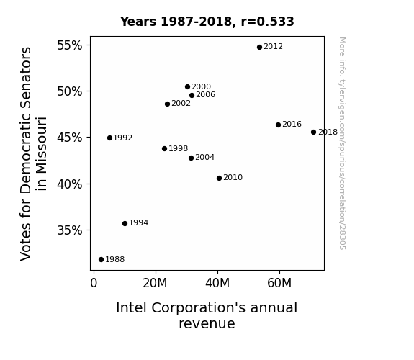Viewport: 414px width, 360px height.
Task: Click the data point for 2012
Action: tap(259, 47)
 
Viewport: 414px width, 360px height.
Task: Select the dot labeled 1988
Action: tap(101, 260)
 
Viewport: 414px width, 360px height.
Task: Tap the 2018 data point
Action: tap(313, 132)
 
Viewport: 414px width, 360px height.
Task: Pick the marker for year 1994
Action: tap(125, 223)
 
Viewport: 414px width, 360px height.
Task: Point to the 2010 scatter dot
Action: tap(219, 179)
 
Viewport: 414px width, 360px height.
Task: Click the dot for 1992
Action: tap(110, 138)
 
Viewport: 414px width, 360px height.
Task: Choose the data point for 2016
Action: tap(278, 125)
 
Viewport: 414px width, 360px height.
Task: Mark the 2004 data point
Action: tap(191, 158)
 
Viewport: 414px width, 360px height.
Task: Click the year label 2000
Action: tap(201, 86)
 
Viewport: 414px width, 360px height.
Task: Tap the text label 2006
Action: tap(206, 94)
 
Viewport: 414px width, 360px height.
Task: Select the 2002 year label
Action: tap(181, 103)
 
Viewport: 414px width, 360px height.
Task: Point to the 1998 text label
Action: tap(179, 148)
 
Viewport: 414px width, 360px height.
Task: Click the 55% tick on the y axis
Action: tap(70, 45)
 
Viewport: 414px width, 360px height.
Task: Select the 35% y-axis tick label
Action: tap(70, 230)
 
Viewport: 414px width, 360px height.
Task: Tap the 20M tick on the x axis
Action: tap(155, 283)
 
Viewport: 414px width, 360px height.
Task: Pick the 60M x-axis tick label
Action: tap(279, 283)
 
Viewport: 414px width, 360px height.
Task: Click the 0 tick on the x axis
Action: tap(94, 283)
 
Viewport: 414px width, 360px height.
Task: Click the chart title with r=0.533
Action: tap(207, 22)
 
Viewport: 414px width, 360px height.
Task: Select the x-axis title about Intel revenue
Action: tap(207, 315)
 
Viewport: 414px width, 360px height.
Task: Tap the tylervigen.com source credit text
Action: tap(342, 143)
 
